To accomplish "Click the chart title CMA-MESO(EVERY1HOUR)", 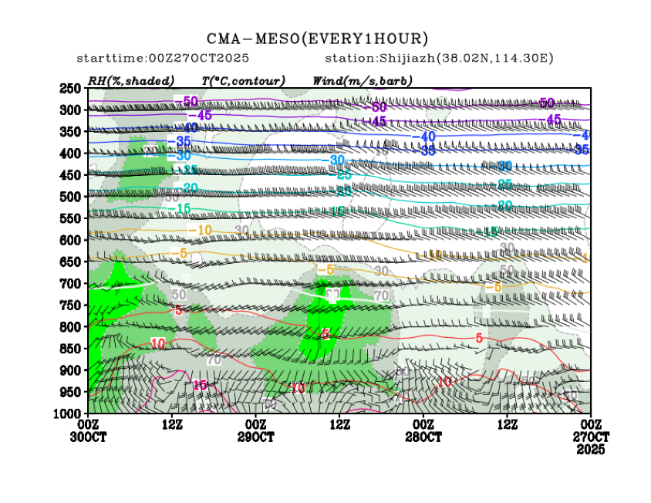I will tap(317, 39).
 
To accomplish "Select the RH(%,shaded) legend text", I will tap(130, 80).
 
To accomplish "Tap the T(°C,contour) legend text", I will tap(243, 80).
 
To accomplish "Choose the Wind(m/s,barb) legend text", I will tap(363, 80).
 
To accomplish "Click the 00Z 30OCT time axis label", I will tap(89, 430).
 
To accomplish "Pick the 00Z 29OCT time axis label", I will tap(255, 430).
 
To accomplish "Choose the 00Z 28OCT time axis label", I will tap(423, 430).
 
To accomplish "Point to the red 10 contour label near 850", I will tap(158, 343).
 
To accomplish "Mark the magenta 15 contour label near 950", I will tap(200, 385).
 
